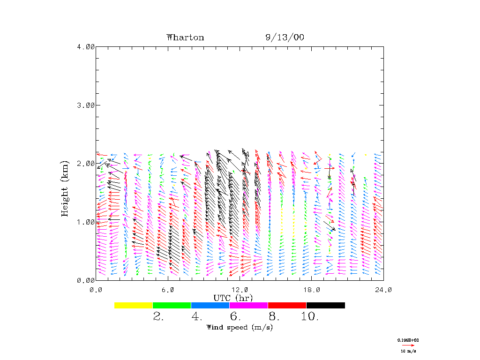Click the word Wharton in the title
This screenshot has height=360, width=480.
(x=185, y=37)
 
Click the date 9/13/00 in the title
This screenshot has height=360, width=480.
(x=285, y=37)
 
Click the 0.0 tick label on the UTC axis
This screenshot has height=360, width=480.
(x=96, y=290)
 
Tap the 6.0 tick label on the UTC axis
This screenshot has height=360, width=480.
(x=168, y=290)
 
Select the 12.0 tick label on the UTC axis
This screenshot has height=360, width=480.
(x=240, y=290)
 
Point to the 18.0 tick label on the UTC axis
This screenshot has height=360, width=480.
(x=311, y=290)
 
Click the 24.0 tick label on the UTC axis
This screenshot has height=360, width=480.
(x=383, y=290)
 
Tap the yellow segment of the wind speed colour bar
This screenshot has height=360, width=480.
(x=133, y=305)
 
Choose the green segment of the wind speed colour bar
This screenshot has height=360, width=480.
(x=172, y=305)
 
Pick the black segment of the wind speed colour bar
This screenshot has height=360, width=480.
(x=325, y=305)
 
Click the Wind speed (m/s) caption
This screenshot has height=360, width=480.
(x=239, y=327)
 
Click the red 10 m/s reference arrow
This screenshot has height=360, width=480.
(x=409, y=345)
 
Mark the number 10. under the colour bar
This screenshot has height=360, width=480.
(x=309, y=317)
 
